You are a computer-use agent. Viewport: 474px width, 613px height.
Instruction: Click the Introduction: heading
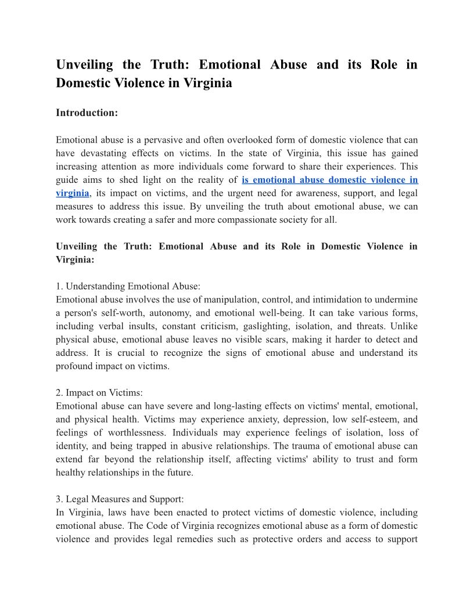click(87, 113)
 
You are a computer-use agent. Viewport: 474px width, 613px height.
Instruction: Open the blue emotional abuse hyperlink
click(329, 180)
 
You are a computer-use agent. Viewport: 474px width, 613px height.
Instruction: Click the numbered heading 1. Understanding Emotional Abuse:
click(128, 286)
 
